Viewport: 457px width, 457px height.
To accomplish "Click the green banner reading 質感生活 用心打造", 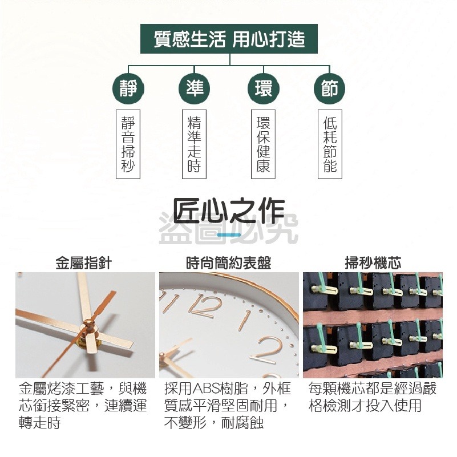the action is tap(229, 39).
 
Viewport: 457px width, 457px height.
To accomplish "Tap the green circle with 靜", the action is tap(128, 88).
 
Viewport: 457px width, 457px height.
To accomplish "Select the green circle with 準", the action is tap(195, 88).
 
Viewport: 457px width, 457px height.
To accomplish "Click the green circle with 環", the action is tap(264, 88).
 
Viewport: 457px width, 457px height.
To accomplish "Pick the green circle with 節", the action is tap(330, 88).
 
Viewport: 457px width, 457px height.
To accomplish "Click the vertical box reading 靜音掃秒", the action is tap(128, 144).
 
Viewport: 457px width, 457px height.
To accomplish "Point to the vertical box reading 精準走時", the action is tap(194, 144).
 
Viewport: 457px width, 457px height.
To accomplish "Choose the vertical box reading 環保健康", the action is tap(263, 144).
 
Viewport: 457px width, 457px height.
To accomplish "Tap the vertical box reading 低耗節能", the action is tap(330, 144).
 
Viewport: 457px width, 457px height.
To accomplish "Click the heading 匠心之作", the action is tap(229, 211).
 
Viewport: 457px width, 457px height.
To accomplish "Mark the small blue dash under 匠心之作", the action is tap(229, 234).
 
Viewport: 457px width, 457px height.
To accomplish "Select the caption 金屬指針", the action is tap(84, 262).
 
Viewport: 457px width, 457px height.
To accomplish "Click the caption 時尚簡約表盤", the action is tap(229, 262).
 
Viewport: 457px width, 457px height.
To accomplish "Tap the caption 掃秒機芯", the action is tap(373, 262).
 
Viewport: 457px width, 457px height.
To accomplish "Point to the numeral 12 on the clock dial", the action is tap(205, 306).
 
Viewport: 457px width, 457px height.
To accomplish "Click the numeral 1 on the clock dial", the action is tap(244, 320).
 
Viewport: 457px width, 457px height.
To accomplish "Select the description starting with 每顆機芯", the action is tap(373, 397).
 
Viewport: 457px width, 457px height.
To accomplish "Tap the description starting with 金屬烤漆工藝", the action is tap(83, 406).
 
